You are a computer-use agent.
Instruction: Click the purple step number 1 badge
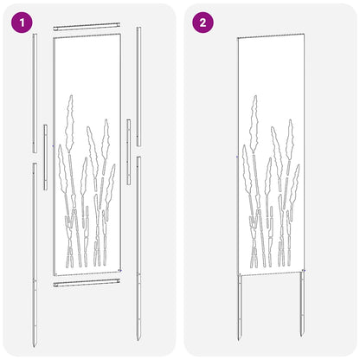21,22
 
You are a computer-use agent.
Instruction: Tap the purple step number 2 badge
202,22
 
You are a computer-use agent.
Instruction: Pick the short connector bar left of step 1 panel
45,145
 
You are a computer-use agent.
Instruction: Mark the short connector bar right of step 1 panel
129,138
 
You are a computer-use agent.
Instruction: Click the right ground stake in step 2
302,303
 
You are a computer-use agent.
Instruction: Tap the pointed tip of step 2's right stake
302,336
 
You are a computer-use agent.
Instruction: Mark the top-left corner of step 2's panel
236,40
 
